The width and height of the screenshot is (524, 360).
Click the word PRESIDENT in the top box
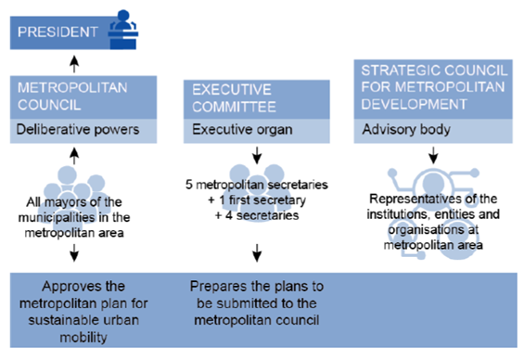pos(55,32)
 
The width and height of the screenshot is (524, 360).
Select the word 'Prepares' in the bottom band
pos(219,287)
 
